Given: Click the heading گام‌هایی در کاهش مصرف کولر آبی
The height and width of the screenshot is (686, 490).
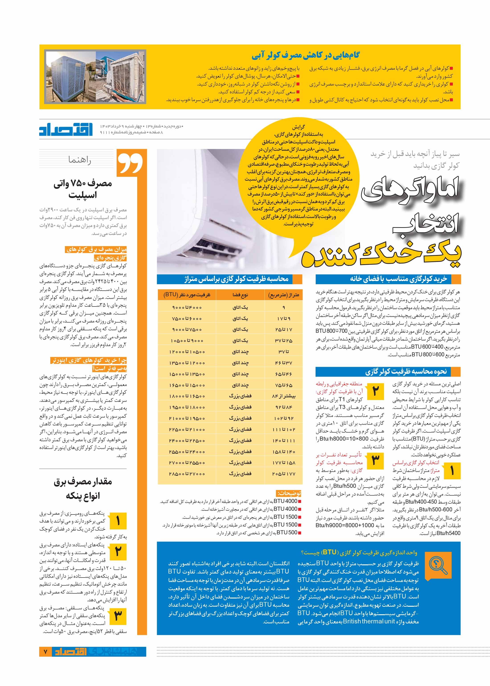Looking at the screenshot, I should tap(305, 55).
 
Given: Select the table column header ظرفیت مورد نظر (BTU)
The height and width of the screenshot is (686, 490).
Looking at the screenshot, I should tap(187, 294).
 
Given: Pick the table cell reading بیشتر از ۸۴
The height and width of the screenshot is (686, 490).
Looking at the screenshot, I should tap(284, 396).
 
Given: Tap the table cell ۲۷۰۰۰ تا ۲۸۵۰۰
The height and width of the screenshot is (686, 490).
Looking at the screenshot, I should tap(187, 474).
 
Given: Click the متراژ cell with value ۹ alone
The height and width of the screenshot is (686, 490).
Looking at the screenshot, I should tap(284, 307).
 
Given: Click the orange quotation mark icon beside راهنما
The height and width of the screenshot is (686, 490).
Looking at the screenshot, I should tap(130, 163).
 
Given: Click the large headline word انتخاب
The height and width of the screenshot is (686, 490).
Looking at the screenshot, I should tap(425, 223).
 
